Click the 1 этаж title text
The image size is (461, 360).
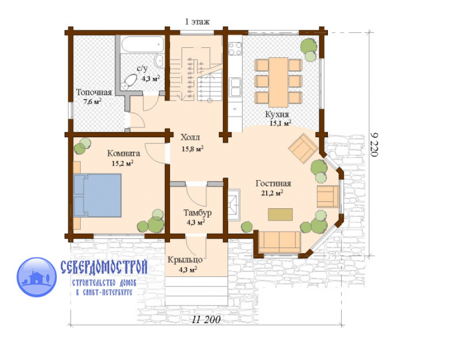tap(197, 22)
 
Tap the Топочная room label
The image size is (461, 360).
tap(94, 93)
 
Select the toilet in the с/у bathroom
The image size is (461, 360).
tap(129, 81)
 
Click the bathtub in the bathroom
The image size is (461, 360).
tap(142, 45)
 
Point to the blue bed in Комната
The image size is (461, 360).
tap(97, 195)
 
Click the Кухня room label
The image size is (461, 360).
tap(277, 114)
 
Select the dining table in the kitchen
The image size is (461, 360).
tap(278, 82)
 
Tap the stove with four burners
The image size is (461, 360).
tap(235, 49)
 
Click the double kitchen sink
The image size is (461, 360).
tap(235, 87)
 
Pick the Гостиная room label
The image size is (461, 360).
tap(273, 184)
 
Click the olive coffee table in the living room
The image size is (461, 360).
tap(280, 214)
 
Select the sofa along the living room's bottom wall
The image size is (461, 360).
tap(279, 242)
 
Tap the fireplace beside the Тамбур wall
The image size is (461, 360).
tap(234, 205)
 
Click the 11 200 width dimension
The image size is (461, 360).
tap(207, 319)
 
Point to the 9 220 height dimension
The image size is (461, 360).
tap(374, 145)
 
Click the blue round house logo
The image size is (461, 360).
tap(36, 277)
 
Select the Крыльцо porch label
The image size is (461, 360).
tap(185, 260)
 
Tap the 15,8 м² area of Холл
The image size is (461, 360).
tap(193, 149)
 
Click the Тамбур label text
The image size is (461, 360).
tap(197, 212)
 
